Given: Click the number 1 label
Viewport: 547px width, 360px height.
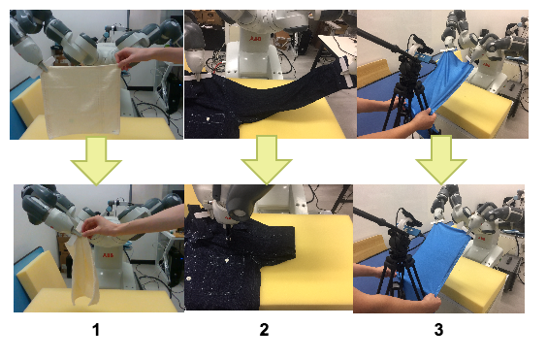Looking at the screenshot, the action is point(96,330).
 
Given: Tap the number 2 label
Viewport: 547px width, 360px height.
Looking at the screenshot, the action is point(264,330).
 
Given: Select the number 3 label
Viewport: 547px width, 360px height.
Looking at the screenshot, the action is point(438,330).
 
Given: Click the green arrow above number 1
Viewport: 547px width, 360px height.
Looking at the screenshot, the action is point(96,160).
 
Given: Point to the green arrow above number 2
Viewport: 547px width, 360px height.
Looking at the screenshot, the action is point(266,159).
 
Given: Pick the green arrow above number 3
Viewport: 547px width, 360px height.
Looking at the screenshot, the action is point(441,159).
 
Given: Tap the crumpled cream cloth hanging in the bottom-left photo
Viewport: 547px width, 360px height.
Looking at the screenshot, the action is point(83,269).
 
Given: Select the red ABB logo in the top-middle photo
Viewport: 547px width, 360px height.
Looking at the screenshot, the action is point(255,38).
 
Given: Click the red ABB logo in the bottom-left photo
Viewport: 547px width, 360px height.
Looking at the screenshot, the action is point(108,255).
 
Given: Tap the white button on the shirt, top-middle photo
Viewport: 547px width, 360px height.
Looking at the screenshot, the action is point(208,119).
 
